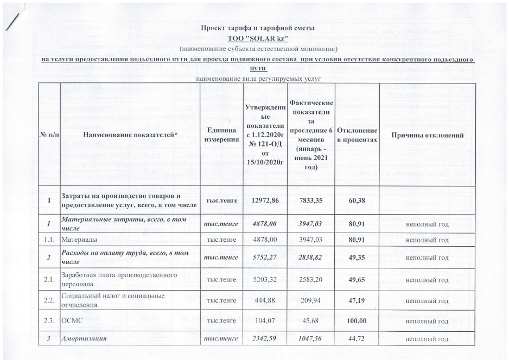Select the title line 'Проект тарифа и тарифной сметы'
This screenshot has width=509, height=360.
[x=257, y=28]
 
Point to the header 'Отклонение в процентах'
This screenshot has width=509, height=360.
[x=357, y=134]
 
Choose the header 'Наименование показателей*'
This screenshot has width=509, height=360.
[x=131, y=134]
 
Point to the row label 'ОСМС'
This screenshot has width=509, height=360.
[x=71, y=321]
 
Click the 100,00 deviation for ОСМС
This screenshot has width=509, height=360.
[x=357, y=321]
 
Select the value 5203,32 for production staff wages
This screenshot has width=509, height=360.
[x=262, y=280]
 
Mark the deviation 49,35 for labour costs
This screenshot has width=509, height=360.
[x=357, y=258]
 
